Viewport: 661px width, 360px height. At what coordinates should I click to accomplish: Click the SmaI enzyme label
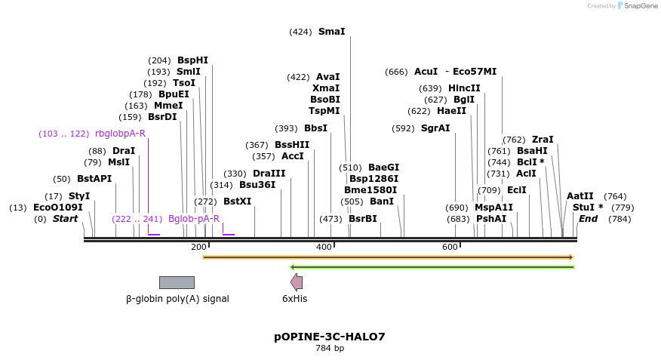331,32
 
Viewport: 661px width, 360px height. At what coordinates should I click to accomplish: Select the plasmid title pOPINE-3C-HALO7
329,337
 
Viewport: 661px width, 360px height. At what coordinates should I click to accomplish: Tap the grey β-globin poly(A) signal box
177,282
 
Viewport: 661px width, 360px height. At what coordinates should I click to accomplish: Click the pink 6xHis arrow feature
297,282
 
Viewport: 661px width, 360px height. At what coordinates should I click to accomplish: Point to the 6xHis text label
294,299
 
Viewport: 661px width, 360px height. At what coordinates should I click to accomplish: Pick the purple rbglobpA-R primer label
120,134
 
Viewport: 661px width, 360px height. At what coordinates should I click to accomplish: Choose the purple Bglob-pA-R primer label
194,219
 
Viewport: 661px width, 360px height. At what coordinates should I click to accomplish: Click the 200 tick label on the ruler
198,248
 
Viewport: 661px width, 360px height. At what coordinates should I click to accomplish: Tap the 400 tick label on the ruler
324,248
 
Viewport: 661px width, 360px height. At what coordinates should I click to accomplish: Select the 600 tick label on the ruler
450,248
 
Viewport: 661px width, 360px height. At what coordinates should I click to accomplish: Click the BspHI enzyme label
192,60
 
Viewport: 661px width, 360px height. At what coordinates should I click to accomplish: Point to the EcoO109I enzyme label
58,208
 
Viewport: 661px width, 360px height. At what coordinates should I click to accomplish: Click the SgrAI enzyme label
435,128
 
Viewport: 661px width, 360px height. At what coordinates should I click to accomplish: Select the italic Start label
65,219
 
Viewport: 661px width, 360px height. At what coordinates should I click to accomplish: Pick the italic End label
589,219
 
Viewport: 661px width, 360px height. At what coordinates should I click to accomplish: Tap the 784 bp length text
330,349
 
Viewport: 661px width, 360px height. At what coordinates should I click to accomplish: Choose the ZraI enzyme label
543,140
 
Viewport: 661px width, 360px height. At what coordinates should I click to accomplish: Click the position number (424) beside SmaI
300,32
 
